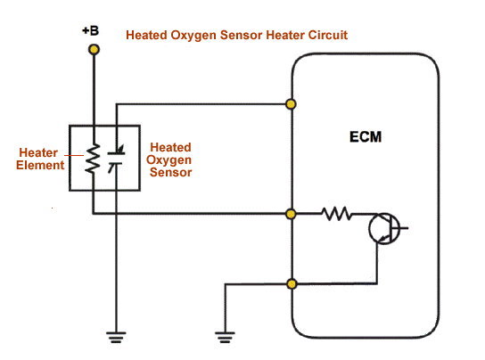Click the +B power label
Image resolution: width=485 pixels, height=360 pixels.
pyautogui.click(x=90, y=30)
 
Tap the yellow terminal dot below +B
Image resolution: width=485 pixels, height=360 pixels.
pyautogui.click(x=94, y=50)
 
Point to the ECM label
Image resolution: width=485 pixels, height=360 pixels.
pyautogui.click(x=366, y=136)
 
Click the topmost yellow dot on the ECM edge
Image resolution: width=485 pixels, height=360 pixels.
pyautogui.click(x=291, y=104)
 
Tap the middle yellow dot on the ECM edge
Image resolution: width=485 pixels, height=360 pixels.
pyautogui.click(x=291, y=214)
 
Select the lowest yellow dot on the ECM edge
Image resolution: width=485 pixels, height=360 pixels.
pyautogui.click(x=292, y=284)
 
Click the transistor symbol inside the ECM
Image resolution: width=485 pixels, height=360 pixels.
pyautogui.click(x=385, y=228)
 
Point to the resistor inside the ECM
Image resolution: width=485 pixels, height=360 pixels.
pyautogui.click(x=336, y=214)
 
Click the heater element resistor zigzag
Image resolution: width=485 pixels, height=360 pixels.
pyautogui.click(x=93, y=159)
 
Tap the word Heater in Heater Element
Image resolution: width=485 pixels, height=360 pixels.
pyautogui.click(x=38, y=152)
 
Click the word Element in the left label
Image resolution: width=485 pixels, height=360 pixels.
pyautogui.click(x=40, y=165)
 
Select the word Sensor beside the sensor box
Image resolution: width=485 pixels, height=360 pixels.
pyautogui.click(x=171, y=172)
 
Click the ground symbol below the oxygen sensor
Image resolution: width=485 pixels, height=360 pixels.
pyautogui.click(x=116, y=337)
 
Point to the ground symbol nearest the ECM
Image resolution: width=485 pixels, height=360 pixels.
pyautogui.click(x=225, y=337)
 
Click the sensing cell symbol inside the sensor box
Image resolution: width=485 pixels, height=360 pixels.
pyautogui.click(x=116, y=159)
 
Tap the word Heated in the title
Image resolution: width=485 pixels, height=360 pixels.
pyautogui.click(x=146, y=35)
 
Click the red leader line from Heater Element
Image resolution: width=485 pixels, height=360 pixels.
pyautogui.click(x=74, y=155)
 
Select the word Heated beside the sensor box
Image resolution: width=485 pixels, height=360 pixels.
pyautogui.click(x=171, y=147)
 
